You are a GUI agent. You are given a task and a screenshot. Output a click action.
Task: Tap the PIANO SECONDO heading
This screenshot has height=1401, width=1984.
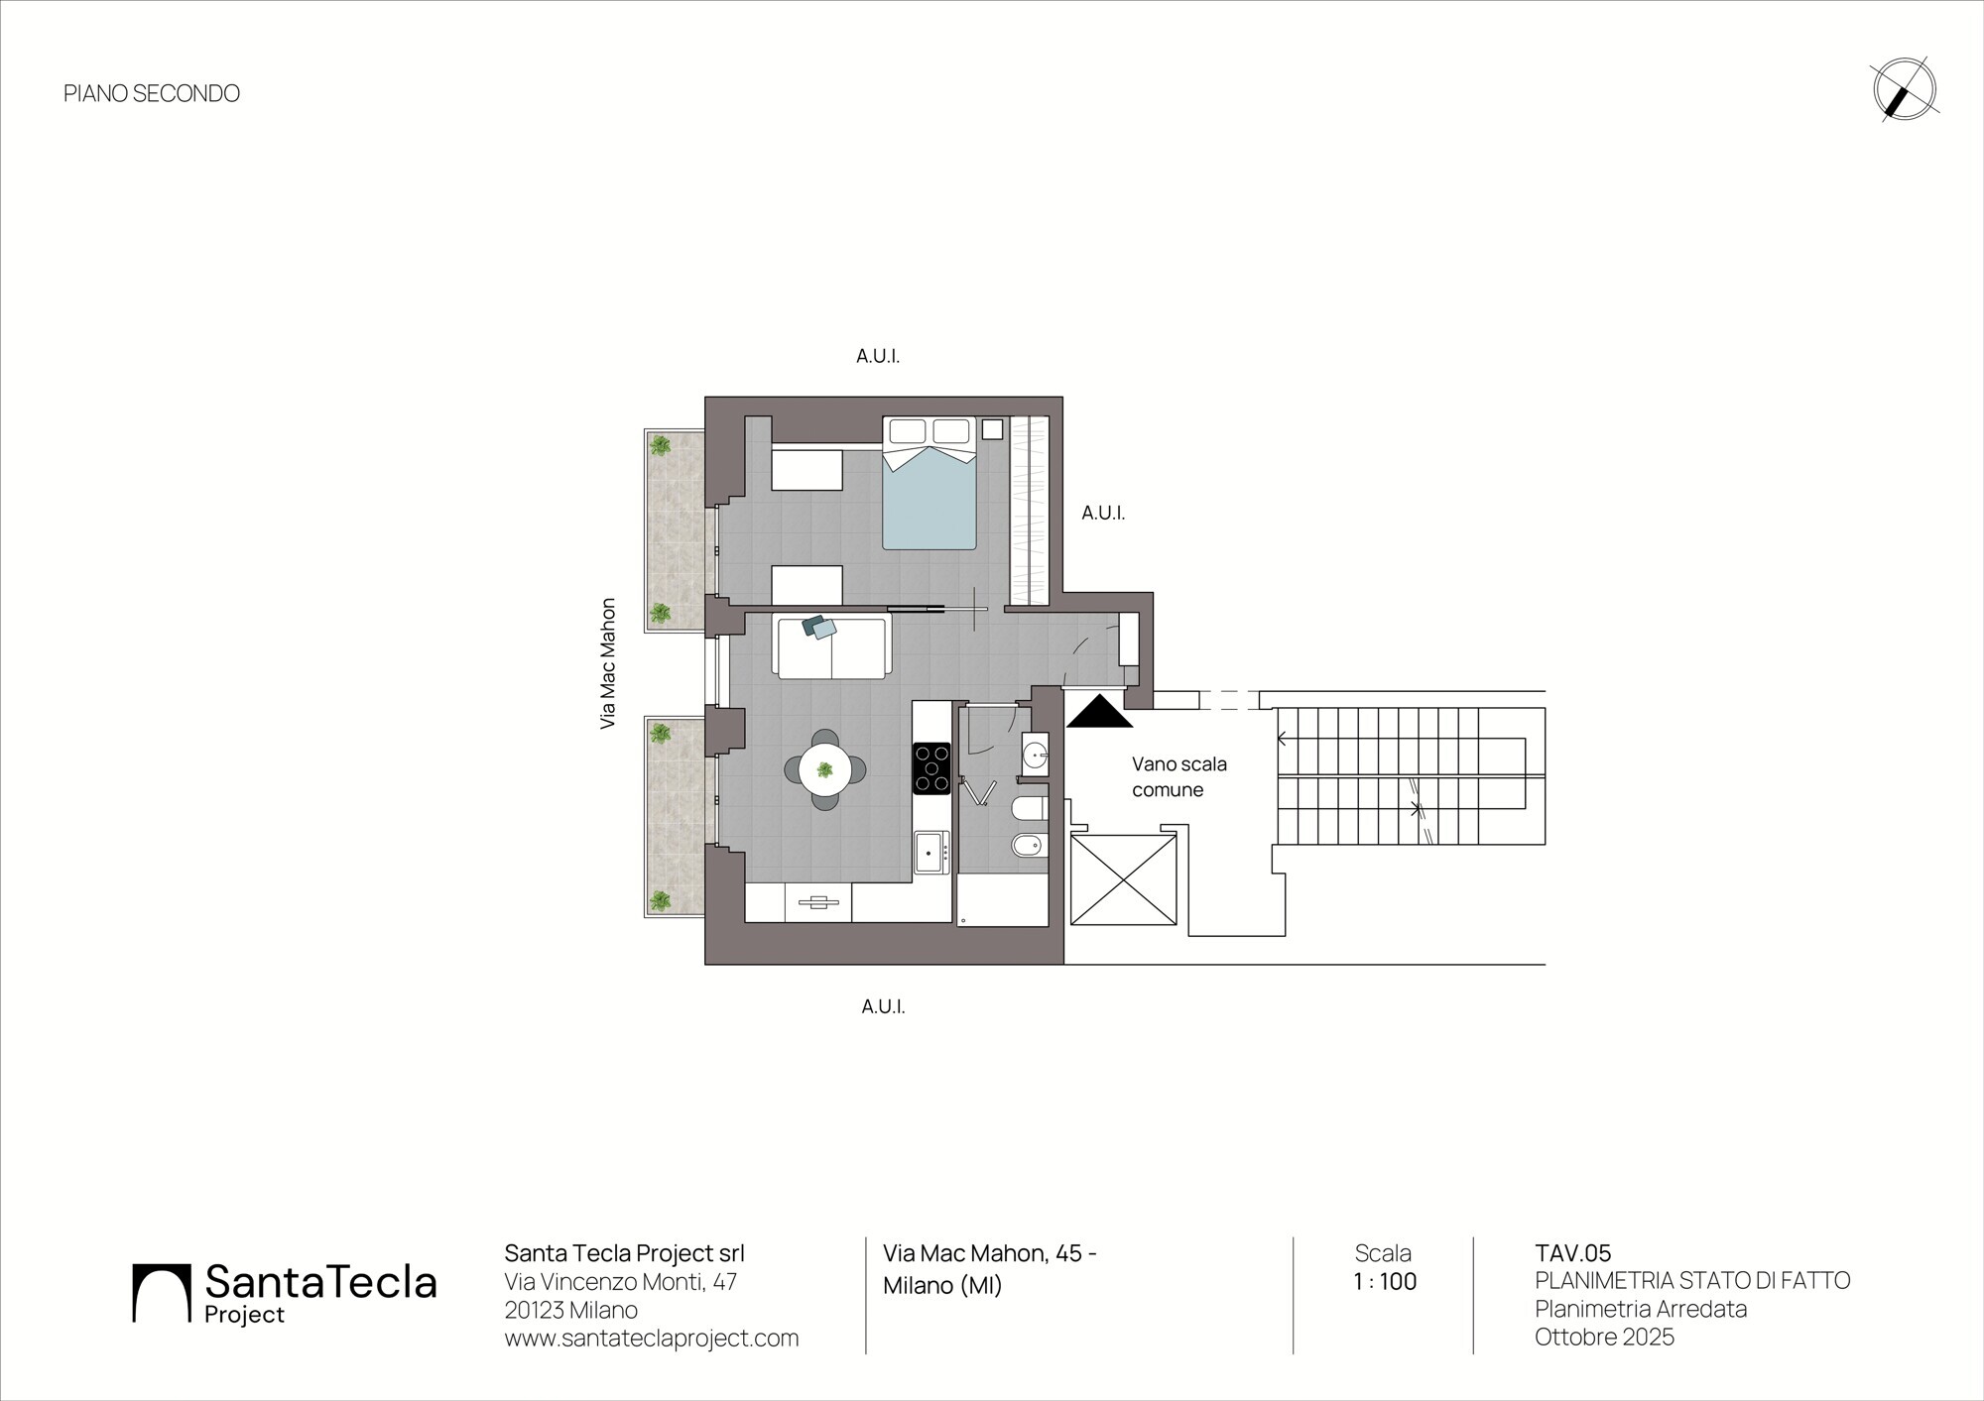pos(152,93)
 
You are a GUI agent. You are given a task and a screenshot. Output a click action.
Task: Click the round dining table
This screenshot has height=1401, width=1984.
pos(824,769)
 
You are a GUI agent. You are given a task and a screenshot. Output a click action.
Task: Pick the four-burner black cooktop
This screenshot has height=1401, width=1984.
pos(931,768)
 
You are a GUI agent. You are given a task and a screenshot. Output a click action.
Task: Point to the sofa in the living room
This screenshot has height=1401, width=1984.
pos(832,646)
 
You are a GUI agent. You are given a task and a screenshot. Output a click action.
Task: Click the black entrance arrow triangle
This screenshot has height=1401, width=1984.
pos(1099,711)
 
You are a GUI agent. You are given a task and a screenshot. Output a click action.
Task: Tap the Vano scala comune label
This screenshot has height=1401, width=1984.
pos(1179,777)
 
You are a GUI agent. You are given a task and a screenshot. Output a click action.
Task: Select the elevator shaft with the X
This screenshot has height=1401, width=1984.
pos(1123,879)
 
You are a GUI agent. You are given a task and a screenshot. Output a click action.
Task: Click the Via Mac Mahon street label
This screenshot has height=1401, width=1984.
pos(608,663)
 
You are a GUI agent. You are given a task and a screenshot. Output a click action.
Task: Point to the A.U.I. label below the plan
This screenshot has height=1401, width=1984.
pos(883,1006)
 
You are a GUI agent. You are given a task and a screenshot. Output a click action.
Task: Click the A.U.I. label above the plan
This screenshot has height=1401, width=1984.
pos(878,356)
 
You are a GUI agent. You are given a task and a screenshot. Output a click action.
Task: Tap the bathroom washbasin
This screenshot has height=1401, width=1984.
pos(1035,756)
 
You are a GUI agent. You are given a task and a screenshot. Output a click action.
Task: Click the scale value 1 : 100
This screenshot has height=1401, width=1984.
pos(1385,1281)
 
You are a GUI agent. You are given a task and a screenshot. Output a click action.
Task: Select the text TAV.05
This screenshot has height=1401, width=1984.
pos(1573,1253)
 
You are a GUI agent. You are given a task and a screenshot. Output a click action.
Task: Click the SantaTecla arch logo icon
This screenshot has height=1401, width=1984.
pos(161,1293)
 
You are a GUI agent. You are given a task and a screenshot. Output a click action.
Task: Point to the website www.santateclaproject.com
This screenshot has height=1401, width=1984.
pos(652,1338)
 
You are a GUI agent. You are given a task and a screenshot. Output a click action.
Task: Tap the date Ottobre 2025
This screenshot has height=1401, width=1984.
pos(1604,1337)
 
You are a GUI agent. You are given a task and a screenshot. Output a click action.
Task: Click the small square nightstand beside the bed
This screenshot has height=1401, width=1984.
pos(992,429)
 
